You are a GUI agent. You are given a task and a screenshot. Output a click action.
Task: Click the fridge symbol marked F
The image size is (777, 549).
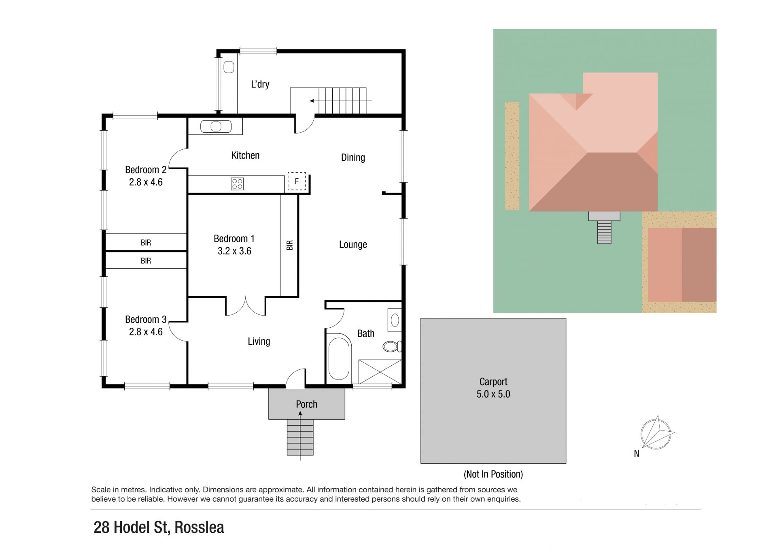297,181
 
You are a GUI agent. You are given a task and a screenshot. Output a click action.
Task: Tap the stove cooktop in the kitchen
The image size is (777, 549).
237,184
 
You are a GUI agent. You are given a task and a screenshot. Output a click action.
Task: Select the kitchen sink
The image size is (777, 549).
216,127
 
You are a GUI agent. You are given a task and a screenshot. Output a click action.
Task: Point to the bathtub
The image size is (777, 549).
339,359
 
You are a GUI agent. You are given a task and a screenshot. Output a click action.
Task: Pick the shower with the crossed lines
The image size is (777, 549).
380,371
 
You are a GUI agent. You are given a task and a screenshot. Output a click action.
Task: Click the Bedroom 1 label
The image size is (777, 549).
234,239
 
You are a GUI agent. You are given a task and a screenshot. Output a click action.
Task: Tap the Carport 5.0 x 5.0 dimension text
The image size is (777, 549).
493,394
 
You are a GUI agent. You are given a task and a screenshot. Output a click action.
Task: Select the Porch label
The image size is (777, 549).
307,404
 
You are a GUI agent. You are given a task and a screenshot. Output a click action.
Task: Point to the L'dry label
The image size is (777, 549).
260,84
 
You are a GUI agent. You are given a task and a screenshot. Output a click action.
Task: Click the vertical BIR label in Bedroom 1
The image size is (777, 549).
290,245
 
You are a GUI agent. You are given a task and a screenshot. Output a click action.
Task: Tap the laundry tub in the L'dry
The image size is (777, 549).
229,67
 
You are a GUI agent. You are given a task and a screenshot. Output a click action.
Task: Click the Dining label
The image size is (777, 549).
353,157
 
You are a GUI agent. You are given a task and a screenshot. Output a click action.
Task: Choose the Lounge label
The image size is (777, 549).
353,244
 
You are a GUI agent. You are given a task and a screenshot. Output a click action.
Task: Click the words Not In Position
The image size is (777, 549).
493,474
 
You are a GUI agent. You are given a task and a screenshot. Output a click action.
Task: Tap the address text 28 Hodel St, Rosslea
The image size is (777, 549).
159,528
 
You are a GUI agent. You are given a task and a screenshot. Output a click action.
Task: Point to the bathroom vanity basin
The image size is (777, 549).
395,320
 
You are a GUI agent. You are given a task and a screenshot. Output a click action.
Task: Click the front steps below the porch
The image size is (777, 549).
300,437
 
